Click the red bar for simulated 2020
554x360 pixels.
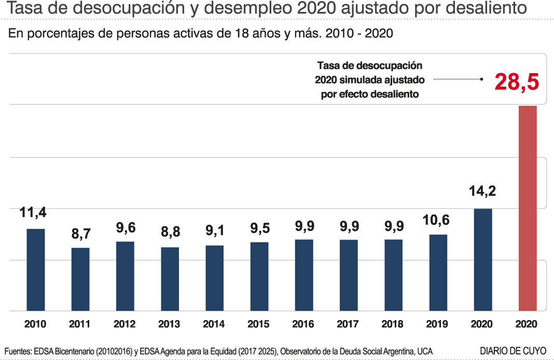(x=528, y=207)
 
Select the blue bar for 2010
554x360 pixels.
(x=36, y=270)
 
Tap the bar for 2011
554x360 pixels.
(x=80, y=279)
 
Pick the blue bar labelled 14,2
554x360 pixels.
(x=482, y=259)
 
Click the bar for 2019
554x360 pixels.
(x=438, y=272)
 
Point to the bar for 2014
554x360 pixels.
(x=214, y=278)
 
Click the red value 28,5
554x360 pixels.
(x=517, y=81)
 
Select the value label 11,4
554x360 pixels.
(x=33, y=212)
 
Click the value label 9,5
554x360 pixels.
(x=259, y=227)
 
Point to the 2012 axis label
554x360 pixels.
(x=124, y=324)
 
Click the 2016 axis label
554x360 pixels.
(x=303, y=324)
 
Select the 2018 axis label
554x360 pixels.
(x=392, y=324)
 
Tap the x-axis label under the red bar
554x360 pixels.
(x=527, y=324)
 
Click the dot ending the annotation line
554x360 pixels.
(x=482, y=79)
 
